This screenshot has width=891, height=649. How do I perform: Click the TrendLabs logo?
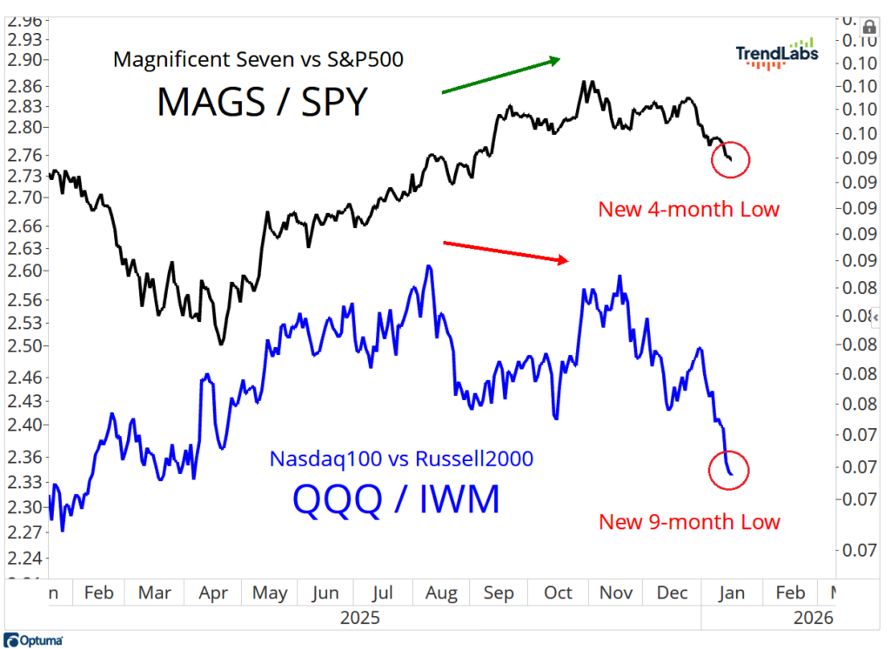(x=776, y=55)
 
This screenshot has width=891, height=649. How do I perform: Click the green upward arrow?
(x=500, y=76)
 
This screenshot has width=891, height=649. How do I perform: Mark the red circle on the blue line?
(x=729, y=470)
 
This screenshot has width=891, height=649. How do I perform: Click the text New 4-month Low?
(x=688, y=209)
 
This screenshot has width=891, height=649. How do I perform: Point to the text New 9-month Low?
(x=689, y=522)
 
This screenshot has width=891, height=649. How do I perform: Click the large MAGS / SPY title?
(x=263, y=102)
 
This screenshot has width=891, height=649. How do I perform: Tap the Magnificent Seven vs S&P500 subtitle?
(x=258, y=60)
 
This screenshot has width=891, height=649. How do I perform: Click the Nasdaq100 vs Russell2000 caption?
(x=401, y=458)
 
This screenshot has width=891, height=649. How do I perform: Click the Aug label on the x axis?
(x=441, y=592)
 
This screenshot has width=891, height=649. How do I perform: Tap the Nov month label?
(x=616, y=592)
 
